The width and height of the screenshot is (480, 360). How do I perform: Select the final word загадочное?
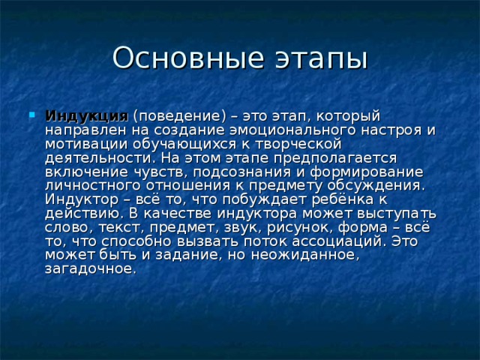90,268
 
